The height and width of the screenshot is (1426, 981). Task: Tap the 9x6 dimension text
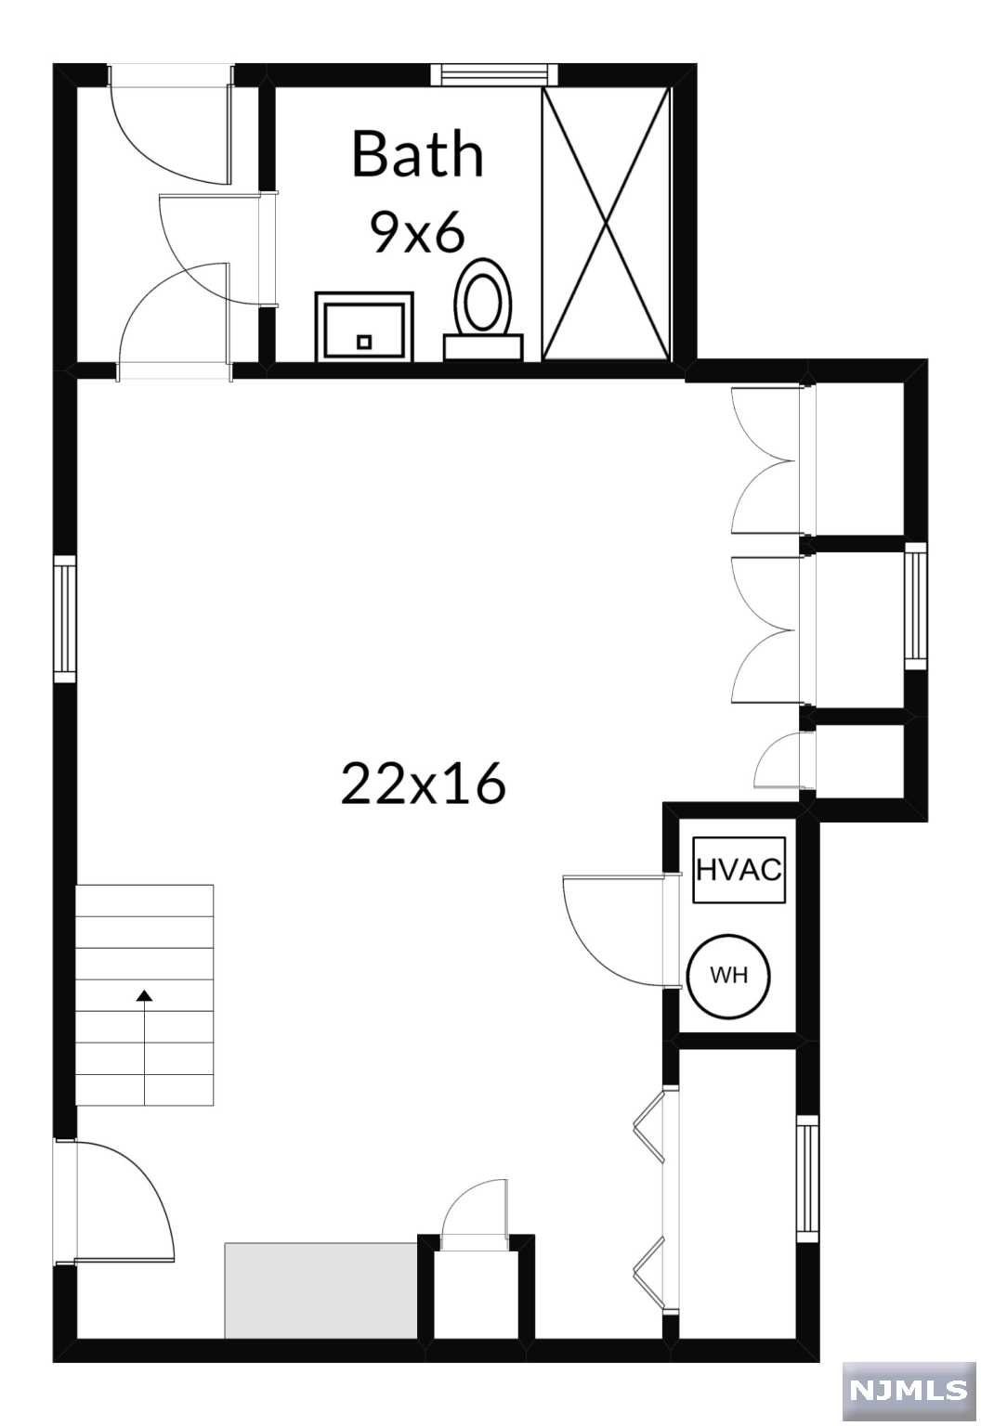coord(417,232)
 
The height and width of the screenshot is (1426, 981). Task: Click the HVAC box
coord(739,870)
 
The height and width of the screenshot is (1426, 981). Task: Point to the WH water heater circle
coord(728,976)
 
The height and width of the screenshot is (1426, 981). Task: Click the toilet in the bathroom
coord(483,309)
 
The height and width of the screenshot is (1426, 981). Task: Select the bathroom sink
coord(364,327)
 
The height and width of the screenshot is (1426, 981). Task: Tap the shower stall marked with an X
coord(606,224)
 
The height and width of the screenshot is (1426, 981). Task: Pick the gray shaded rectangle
coord(321,1290)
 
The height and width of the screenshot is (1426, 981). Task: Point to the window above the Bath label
coord(494,74)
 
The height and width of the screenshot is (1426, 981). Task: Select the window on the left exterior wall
coord(64,618)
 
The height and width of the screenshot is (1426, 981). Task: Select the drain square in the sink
coord(364,342)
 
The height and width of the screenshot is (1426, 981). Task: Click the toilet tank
coord(483,347)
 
